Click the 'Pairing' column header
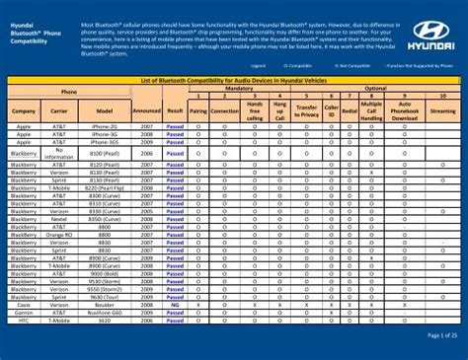(x=198, y=112)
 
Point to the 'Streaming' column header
(x=443, y=112)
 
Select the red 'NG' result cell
(x=175, y=305)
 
